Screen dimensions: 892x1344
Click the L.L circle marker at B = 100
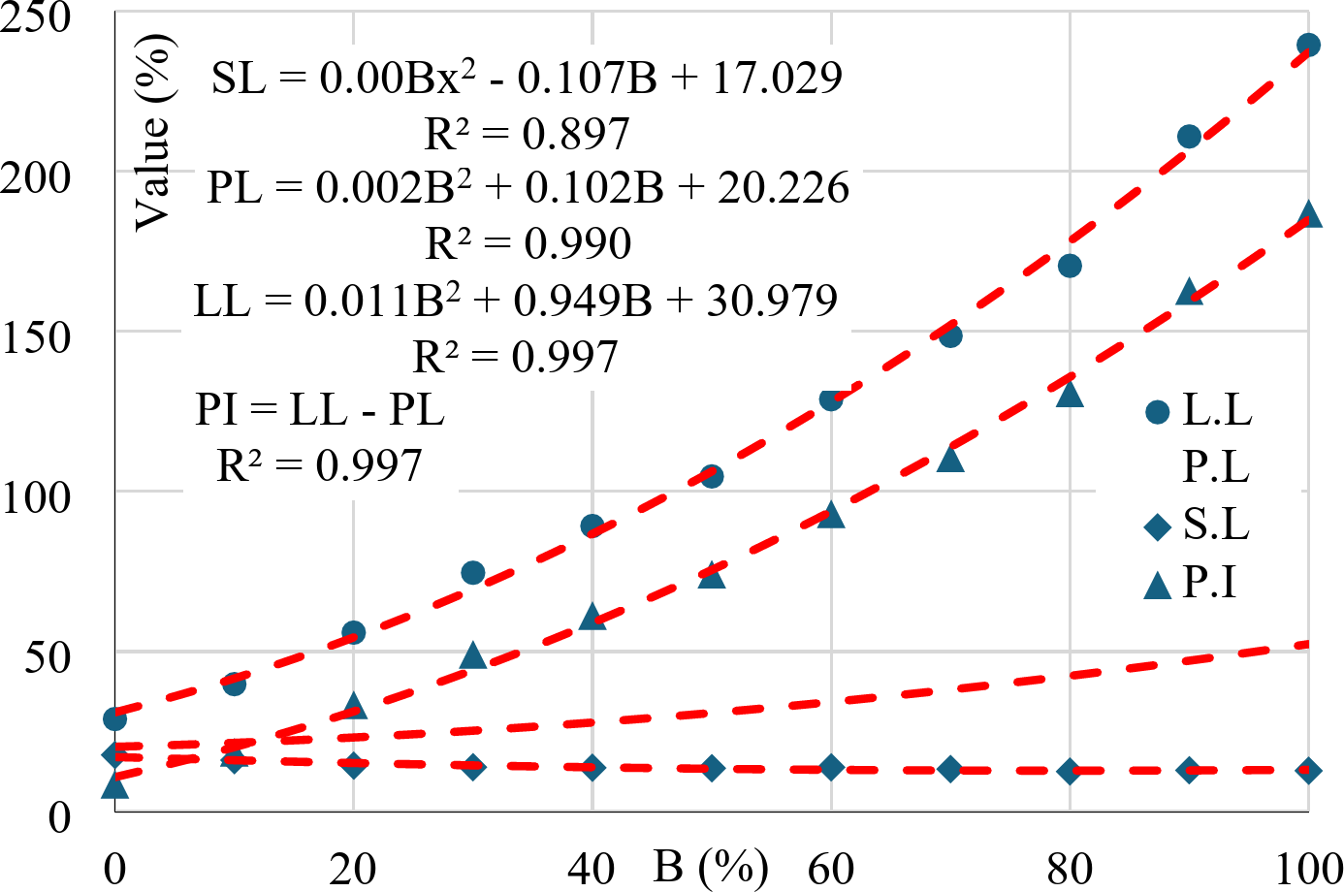(1308, 46)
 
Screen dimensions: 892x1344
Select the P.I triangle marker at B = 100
(1308, 215)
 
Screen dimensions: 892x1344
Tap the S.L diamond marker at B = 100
(1308, 771)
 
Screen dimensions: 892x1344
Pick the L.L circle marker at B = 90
(1189, 137)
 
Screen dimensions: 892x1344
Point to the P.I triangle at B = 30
(473, 656)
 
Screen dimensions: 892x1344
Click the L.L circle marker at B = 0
(114, 719)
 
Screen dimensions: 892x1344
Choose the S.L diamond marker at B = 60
(831, 768)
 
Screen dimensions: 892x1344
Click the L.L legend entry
(1199, 411)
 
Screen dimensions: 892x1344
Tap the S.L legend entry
(1199, 526)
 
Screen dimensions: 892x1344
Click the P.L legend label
(1216, 468)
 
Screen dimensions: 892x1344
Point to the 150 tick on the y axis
(37, 337)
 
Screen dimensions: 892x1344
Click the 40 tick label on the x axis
(592, 869)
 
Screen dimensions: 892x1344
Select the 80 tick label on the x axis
(1070, 869)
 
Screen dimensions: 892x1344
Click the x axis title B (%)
(711, 866)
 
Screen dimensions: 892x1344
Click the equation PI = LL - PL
(320, 409)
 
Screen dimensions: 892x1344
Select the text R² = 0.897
(528, 134)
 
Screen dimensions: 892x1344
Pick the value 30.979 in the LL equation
(772, 302)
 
